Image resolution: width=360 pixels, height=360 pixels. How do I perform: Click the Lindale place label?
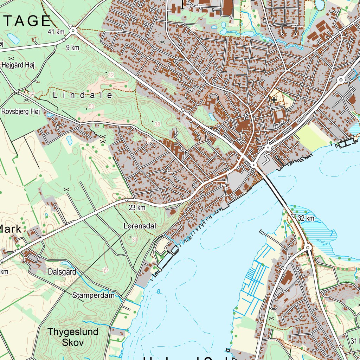click(83, 95)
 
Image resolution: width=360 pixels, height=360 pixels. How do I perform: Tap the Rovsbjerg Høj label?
click(21, 112)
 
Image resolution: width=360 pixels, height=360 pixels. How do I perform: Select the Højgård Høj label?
click(18, 65)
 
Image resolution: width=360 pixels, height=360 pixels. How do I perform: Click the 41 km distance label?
click(56, 32)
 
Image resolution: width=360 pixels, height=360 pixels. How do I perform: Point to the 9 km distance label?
click(72, 48)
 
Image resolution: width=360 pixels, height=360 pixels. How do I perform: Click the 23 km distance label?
click(137, 208)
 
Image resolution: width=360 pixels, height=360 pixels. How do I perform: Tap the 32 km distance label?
click(306, 218)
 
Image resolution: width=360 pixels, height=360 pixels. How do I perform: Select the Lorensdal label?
click(140, 226)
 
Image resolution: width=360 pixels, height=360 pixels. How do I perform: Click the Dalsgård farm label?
click(62, 272)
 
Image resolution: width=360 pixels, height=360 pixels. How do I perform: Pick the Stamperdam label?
click(94, 295)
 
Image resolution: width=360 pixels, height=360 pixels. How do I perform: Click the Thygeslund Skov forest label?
click(73, 337)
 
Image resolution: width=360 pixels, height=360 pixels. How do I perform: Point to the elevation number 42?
click(111, 75)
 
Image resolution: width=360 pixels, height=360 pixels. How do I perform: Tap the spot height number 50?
click(91, 107)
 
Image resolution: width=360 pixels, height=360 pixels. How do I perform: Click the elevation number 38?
click(157, 124)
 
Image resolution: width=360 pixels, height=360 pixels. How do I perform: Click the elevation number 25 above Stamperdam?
click(105, 270)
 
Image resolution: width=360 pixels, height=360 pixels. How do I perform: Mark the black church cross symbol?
click(274, 100)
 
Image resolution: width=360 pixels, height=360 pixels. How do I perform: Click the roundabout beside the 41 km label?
click(73, 31)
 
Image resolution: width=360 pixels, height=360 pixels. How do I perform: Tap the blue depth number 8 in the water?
click(159, 291)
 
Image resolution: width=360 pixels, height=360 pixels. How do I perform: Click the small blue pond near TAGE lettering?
click(13, 38)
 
